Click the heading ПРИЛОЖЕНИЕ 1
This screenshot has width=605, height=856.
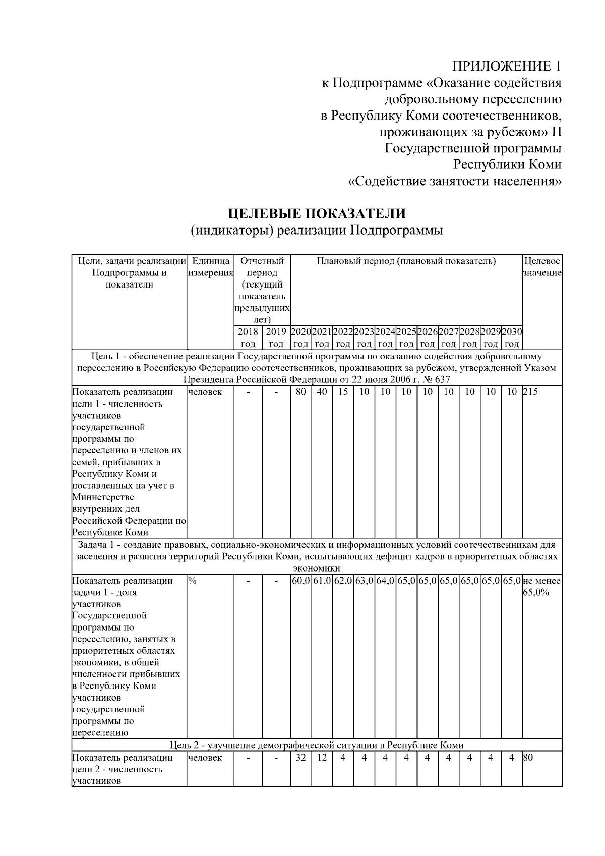point(506,66)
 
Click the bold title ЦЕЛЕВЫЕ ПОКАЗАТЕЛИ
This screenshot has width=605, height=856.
point(317,214)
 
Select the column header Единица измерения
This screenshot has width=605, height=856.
point(211,267)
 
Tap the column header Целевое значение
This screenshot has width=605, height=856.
point(542,267)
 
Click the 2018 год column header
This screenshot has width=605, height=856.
point(248,337)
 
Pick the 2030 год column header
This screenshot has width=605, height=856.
point(512,337)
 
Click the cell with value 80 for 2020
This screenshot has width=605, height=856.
point(300,392)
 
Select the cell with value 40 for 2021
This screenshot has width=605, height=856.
point(322,392)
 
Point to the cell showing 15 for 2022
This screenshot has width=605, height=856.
point(343,392)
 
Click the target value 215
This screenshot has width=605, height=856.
point(530,392)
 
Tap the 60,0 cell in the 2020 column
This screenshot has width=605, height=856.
point(301,581)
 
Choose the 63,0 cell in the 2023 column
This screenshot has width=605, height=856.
point(364,581)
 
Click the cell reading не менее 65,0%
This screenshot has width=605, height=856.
point(542,586)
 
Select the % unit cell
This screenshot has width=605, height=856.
point(192,581)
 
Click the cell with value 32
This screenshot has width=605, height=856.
point(300,757)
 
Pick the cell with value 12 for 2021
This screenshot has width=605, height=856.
point(322,757)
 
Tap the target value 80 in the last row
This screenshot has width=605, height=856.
point(528,757)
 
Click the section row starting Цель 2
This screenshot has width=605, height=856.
point(317,745)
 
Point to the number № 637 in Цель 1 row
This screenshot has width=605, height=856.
point(438,379)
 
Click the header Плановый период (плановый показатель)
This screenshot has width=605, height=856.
point(406,261)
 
